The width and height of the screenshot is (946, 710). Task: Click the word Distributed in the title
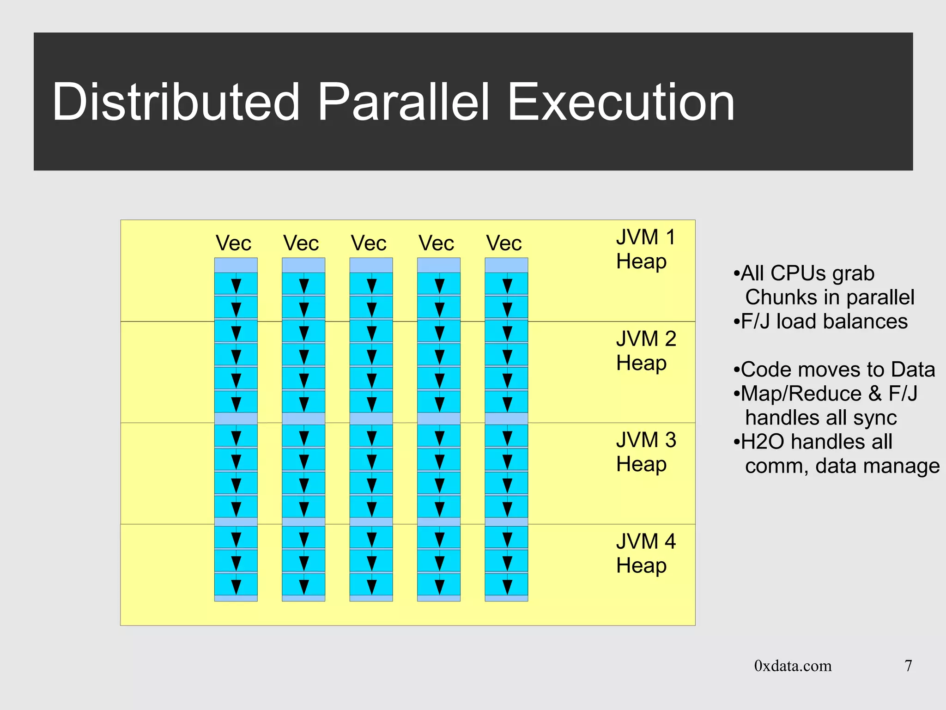[x=176, y=102]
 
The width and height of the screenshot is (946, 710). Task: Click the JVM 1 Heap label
[x=645, y=249]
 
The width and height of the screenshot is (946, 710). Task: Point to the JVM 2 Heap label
[x=645, y=351]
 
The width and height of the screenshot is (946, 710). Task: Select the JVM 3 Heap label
[x=645, y=452]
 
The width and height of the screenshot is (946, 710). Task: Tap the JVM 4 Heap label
[x=645, y=553]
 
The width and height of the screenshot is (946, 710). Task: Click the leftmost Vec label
[x=233, y=243]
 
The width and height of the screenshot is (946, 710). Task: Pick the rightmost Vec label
[x=503, y=243]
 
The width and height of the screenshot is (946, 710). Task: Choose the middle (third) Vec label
[x=368, y=243]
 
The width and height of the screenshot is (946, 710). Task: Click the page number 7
[x=908, y=666]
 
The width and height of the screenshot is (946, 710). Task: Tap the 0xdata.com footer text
[x=793, y=666]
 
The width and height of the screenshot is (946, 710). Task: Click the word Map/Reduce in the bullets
[x=801, y=394]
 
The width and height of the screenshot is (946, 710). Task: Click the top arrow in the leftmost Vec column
[x=236, y=285]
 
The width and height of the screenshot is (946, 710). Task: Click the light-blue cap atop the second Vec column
[x=303, y=265]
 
